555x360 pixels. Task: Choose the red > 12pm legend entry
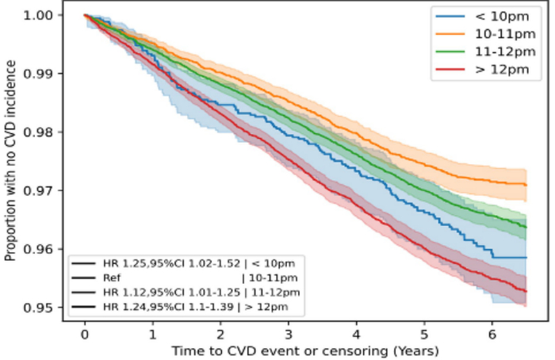click(491, 71)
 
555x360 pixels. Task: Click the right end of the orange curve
click(526, 185)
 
